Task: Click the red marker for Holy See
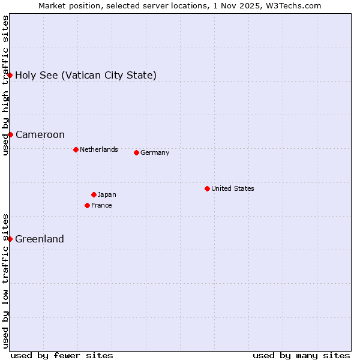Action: pyautogui.click(x=10, y=75)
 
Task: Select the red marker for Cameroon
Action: pyautogui.click(x=10, y=134)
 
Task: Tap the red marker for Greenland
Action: pyautogui.click(x=10, y=239)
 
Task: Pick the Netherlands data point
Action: pyautogui.click(x=76, y=149)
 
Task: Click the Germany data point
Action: pyautogui.click(x=136, y=152)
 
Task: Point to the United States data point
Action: pyautogui.click(x=207, y=188)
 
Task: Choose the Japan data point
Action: pyautogui.click(x=94, y=194)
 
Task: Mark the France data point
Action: pyautogui.click(x=87, y=205)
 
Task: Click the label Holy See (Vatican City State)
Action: pyautogui.click(x=86, y=75)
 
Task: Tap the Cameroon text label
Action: pyautogui.click(x=40, y=134)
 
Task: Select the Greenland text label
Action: pyautogui.click(x=40, y=239)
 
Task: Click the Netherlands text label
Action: pyautogui.click(x=99, y=149)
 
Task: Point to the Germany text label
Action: pyautogui.click(x=155, y=152)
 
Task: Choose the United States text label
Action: pyautogui.click(x=233, y=188)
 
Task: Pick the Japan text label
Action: pyautogui.click(x=107, y=194)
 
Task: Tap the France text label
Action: pyautogui.click(x=101, y=205)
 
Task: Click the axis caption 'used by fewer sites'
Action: pyautogui.click(x=62, y=355)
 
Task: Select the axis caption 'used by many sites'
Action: pyautogui.click(x=301, y=355)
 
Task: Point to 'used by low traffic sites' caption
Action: pyautogui.click(x=5, y=281)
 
